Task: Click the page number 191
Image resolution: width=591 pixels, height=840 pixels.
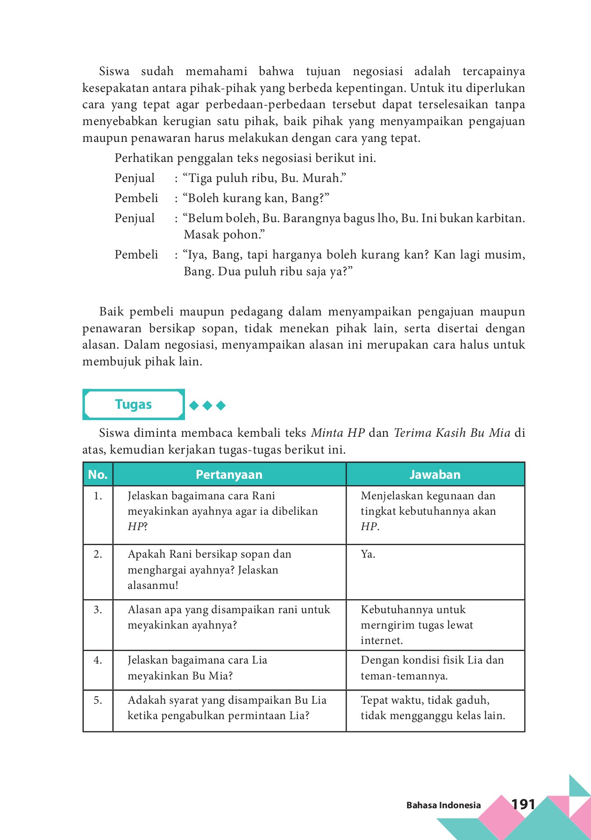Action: click(x=523, y=804)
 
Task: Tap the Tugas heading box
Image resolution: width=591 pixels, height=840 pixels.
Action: click(x=134, y=404)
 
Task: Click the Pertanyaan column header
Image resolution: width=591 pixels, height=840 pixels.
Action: click(x=229, y=475)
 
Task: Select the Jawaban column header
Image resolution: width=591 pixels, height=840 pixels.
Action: click(x=435, y=475)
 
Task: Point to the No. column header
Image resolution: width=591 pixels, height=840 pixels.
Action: click(x=98, y=475)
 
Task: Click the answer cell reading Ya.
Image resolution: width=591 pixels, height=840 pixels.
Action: click(x=368, y=554)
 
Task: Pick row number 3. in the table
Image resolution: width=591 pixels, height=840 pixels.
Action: click(x=98, y=609)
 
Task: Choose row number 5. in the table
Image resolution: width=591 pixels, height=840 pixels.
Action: click(x=98, y=700)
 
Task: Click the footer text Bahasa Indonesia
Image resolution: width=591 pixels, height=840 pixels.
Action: click(x=443, y=805)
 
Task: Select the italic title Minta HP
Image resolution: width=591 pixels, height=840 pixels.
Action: click(x=337, y=433)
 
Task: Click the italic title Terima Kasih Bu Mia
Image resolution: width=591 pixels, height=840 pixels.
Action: click(x=452, y=433)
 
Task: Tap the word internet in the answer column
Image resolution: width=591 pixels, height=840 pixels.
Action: click(x=381, y=641)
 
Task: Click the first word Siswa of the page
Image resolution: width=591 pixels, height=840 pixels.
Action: click(x=114, y=71)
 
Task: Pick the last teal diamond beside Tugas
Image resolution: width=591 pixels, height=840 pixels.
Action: click(x=221, y=406)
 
